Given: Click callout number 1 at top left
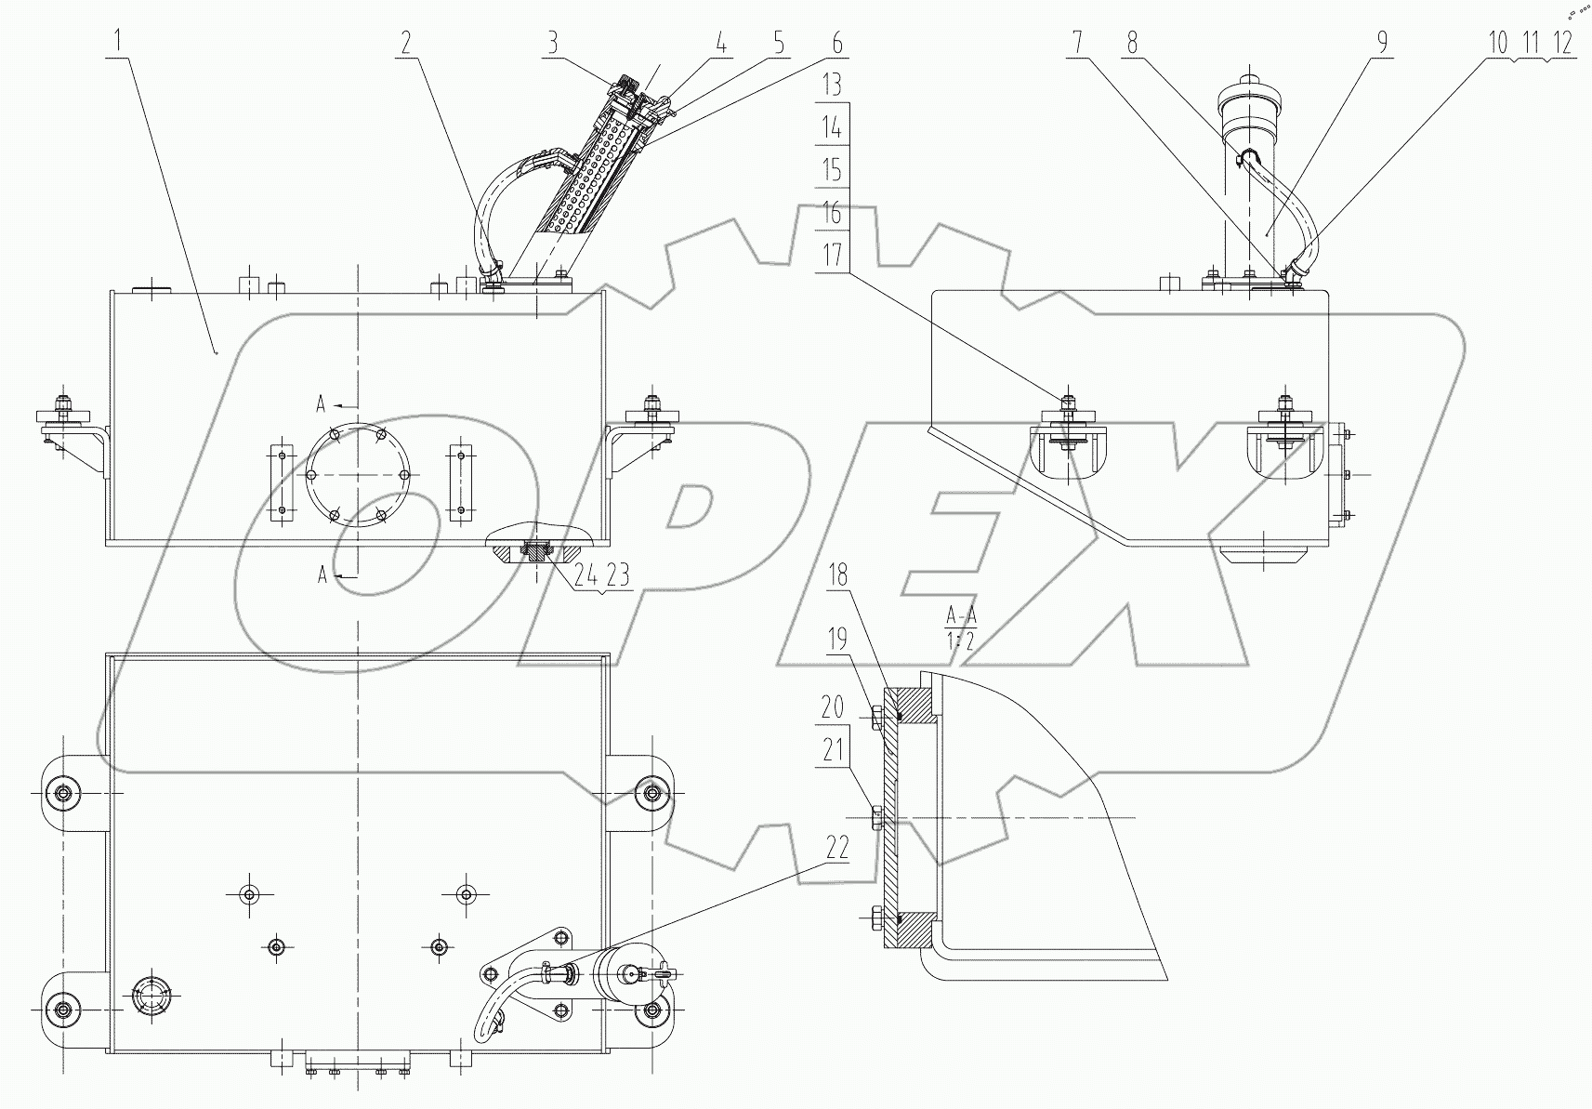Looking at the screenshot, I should pos(118,42).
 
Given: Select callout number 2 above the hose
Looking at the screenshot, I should pos(406,42).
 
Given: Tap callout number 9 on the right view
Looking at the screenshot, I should pos(1382,42).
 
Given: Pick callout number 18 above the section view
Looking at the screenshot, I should pos(837,575).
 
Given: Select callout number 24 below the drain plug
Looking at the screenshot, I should pos(586,577).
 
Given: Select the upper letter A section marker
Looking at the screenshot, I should pos(320,404).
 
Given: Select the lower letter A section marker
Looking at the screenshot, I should pos(322,575).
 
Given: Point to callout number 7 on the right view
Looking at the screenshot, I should pos(1077,42).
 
